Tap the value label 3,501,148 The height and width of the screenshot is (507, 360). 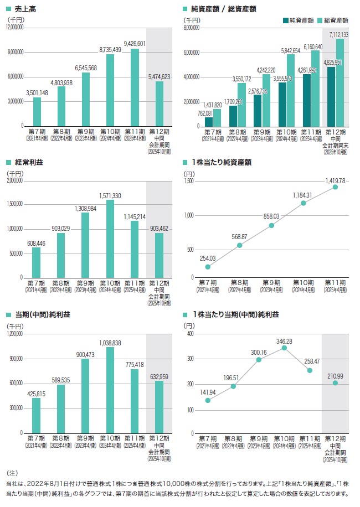pos(37,92)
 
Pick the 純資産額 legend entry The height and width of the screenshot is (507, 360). pos(298,20)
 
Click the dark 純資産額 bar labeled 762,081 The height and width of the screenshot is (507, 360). pos(209,121)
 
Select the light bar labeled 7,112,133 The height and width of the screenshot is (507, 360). pos(340,82)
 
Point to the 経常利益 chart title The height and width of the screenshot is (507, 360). pos(27,163)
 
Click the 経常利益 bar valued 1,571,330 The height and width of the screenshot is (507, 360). pos(110,239)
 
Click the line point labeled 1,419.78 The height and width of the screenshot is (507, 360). pos(335,187)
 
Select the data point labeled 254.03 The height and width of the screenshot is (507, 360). pos(208,266)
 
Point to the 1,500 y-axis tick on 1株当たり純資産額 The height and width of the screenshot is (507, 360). pos(190,181)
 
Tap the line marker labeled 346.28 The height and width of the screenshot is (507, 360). pos(285,348)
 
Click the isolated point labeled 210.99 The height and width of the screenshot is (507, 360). pos(335,382)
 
